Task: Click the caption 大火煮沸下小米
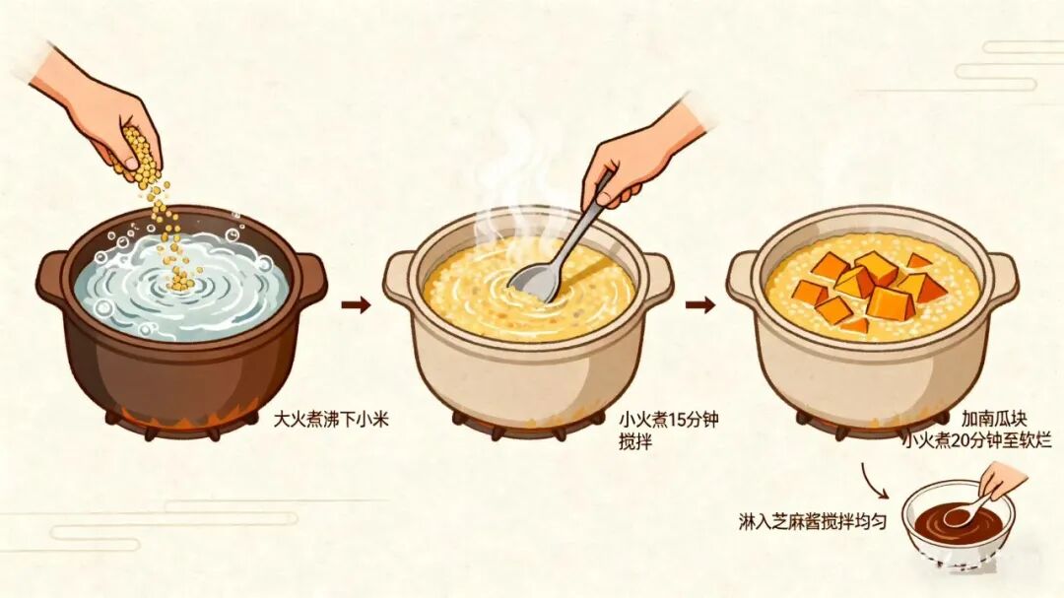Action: click(x=330, y=420)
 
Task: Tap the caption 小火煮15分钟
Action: click(x=668, y=420)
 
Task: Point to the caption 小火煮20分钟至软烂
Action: click(x=977, y=441)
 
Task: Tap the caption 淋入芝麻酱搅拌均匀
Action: click(x=812, y=521)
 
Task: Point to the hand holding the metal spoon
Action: click(x=641, y=155)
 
